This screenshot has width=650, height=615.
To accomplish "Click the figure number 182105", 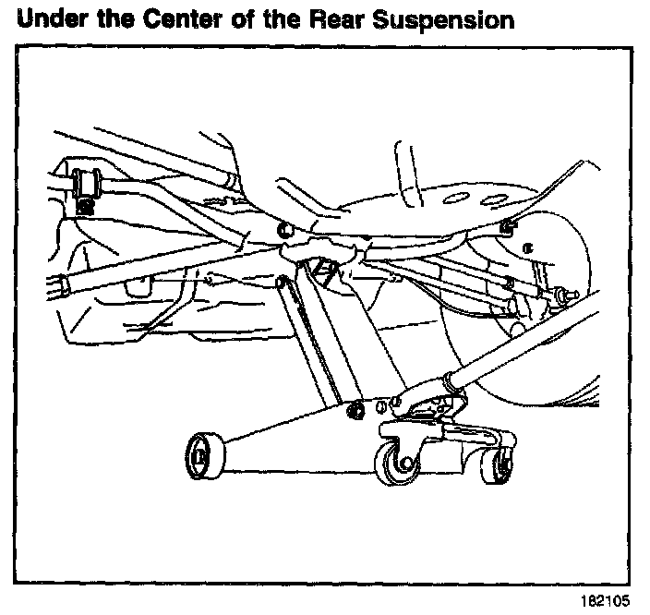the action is click(x=606, y=599).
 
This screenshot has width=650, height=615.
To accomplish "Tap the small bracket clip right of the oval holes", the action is click(x=507, y=224).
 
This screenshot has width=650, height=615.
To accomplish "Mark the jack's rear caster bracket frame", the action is click(x=434, y=434).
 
